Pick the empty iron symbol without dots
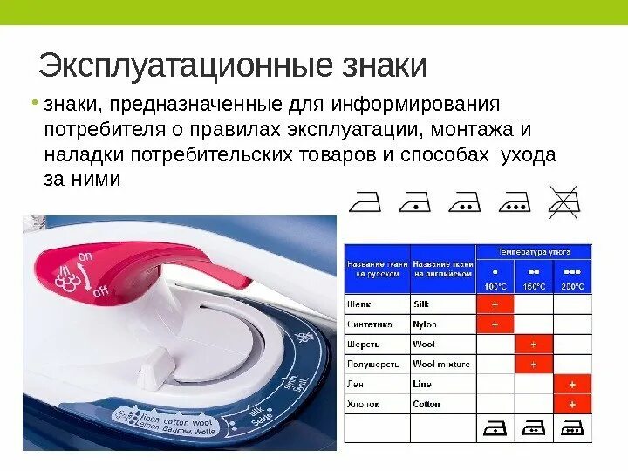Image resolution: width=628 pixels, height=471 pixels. tap(366, 203)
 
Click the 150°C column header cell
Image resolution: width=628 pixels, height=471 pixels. tap(533, 278)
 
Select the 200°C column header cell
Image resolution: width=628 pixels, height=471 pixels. tap(572, 278)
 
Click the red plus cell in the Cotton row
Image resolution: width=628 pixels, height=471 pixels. tap(572, 405)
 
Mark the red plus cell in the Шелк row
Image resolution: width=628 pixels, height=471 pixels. tap(495, 304)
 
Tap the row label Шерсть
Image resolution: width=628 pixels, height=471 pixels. tap(363, 345)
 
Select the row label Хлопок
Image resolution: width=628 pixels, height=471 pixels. tap(363, 405)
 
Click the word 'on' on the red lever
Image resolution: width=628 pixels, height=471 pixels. tap(85, 256)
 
